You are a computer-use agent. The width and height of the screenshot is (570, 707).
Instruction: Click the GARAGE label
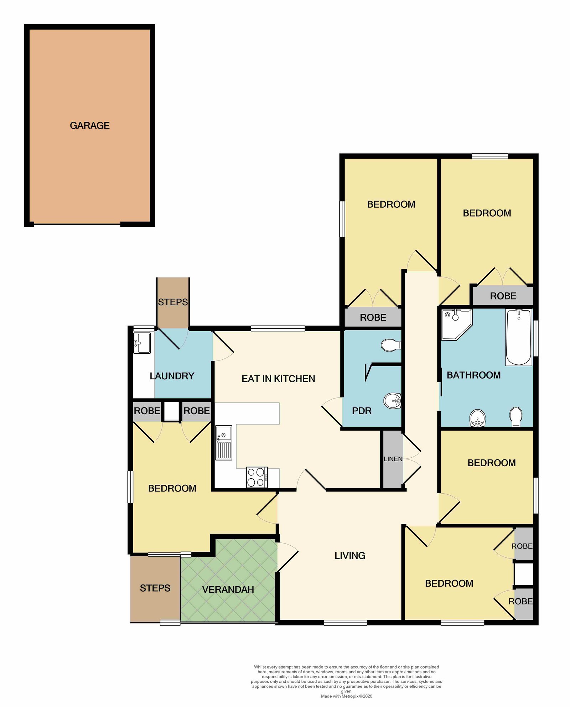pos(90,125)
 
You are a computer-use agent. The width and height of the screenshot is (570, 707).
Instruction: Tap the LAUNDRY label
pos(172,376)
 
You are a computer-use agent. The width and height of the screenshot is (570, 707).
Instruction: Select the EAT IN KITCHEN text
pos(278,379)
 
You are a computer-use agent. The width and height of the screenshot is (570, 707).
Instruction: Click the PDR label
pos(362,411)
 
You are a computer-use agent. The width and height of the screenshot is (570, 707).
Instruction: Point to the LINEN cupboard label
pos(393,459)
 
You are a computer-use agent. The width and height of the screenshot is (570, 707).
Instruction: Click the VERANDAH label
pos(228,589)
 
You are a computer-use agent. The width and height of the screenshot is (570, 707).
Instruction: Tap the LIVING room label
pos(350,556)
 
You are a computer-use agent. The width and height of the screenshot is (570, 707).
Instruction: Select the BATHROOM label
pos(473,375)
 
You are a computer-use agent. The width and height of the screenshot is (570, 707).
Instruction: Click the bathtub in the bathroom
pos(519,337)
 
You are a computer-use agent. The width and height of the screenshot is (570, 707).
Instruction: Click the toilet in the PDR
pos(391,345)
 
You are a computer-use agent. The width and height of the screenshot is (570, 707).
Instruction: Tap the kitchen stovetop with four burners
pos(257,477)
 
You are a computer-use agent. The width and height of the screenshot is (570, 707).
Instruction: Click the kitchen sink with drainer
pos(224,443)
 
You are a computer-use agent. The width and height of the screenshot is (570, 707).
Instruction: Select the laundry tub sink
pos(142,343)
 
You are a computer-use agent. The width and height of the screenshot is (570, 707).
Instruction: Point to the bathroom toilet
pos(516,417)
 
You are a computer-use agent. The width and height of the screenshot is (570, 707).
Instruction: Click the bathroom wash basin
pos(477,418)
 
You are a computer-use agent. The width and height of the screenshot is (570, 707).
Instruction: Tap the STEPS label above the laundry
pos(173,302)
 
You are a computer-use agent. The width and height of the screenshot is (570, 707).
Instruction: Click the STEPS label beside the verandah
pos(155,588)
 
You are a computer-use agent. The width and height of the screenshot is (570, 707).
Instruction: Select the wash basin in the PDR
pos(393,401)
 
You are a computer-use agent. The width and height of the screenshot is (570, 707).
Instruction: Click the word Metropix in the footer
pos(350,696)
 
